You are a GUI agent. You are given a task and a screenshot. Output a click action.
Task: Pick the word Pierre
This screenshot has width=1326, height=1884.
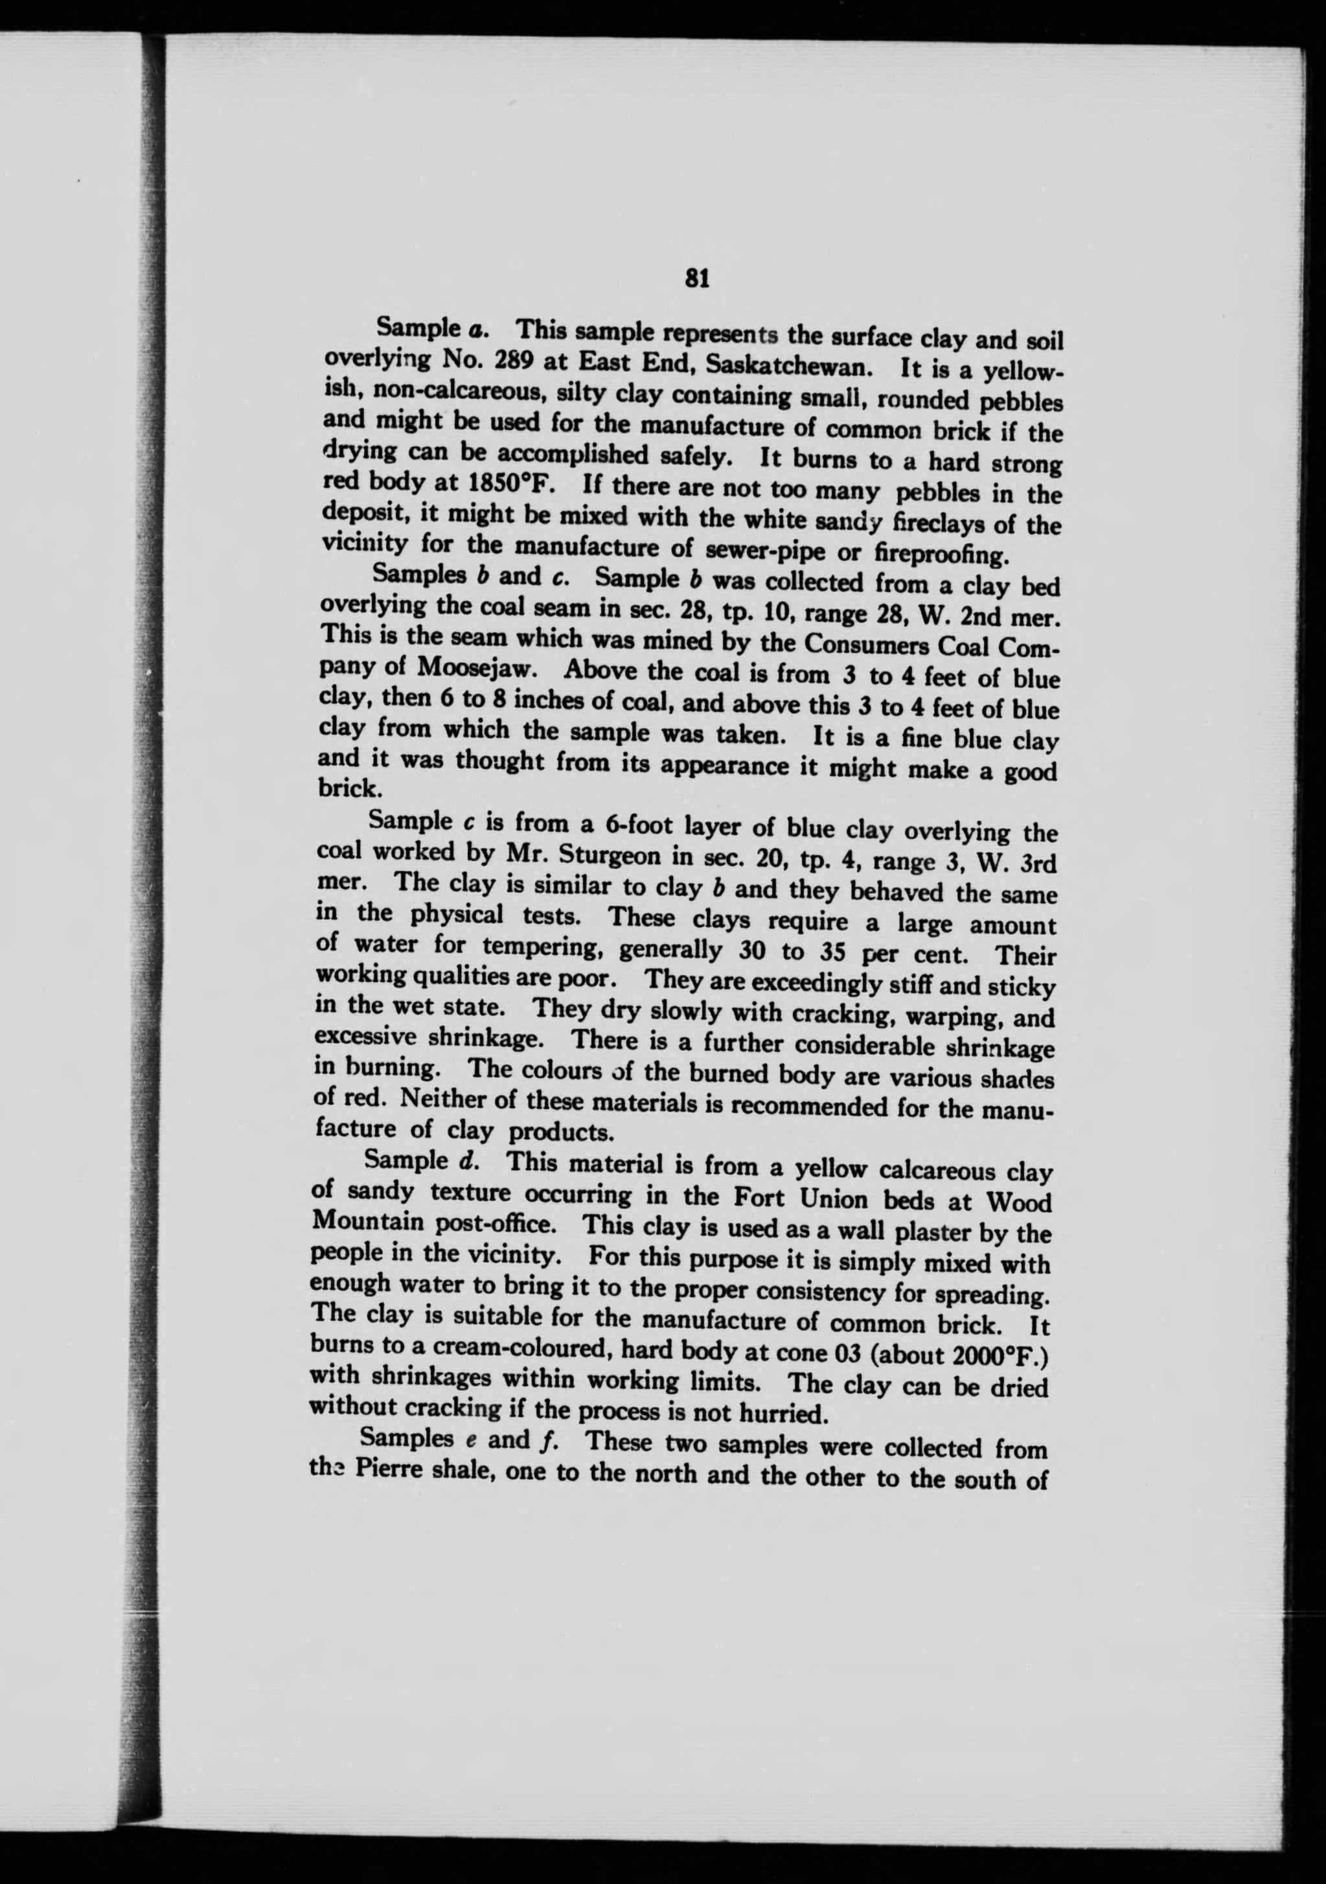(x=384, y=1469)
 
